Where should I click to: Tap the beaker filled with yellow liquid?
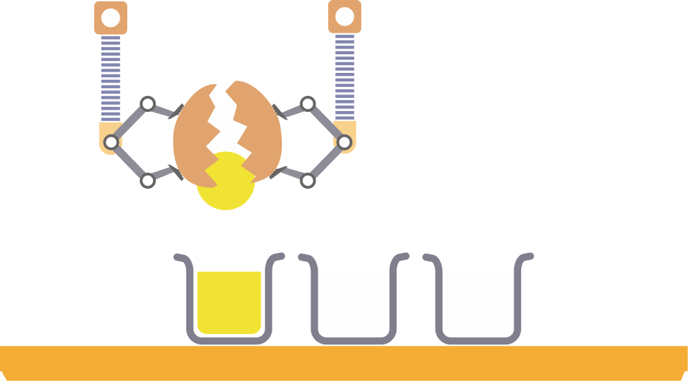tap(229, 302)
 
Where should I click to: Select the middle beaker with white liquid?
tap(353, 302)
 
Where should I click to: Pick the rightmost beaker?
tap(478, 302)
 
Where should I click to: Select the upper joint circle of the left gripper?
tap(147, 104)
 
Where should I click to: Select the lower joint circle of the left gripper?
tap(147, 181)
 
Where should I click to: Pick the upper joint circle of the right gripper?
tap(308, 104)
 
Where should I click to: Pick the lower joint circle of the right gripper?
tap(308, 181)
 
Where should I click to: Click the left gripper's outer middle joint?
tap(110, 142)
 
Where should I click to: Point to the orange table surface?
tap(344, 363)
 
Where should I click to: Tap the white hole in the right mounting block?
tap(345, 17)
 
